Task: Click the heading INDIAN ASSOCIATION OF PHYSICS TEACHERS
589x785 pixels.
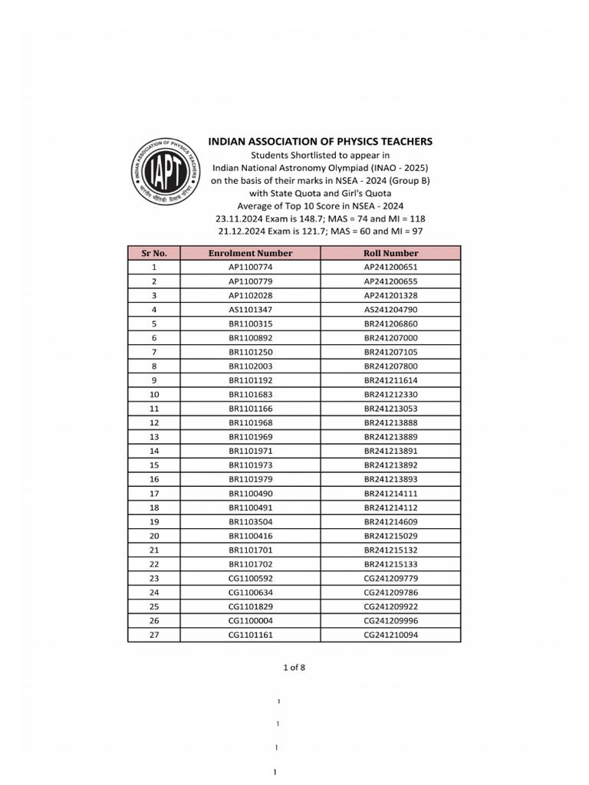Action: pyautogui.click(x=321, y=141)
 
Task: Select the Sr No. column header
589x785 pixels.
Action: pyautogui.click(x=154, y=253)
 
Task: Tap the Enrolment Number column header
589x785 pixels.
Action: pyautogui.click(x=250, y=253)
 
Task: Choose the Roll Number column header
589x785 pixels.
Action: pyautogui.click(x=391, y=253)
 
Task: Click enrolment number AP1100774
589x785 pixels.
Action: pyautogui.click(x=250, y=268)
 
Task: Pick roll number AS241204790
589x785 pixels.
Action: pyautogui.click(x=391, y=309)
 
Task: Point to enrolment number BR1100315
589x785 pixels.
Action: pyautogui.click(x=250, y=324)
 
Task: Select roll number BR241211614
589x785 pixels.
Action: pyautogui.click(x=391, y=380)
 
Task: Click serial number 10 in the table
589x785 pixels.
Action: pyautogui.click(x=154, y=394)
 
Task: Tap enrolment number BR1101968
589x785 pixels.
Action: pyautogui.click(x=250, y=422)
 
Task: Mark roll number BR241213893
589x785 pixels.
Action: pyautogui.click(x=391, y=479)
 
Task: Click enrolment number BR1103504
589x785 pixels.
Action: pyautogui.click(x=250, y=521)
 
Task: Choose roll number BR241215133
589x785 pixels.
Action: pyautogui.click(x=391, y=564)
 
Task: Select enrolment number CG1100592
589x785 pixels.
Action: pyautogui.click(x=250, y=578)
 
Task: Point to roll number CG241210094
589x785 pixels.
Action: pyautogui.click(x=391, y=635)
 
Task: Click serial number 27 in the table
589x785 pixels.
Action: pyautogui.click(x=154, y=635)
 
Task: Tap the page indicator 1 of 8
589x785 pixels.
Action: pyautogui.click(x=294, y=667)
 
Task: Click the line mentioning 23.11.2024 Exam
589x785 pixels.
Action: pyautogui.click(x=321, y=218)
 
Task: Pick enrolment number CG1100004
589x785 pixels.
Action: pyautogui.click(x=250, y=621)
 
